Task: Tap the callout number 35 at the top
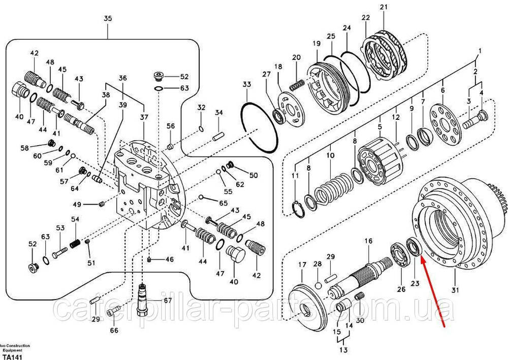(x=107, y=19)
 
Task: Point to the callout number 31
(x=455, y=290)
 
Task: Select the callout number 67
(x=168, y=301)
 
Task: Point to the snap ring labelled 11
(x=300, y=208)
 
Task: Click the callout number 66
(x=114, y=331)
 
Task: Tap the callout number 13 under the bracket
(x=344, y=350)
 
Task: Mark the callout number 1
(x=478, y=51)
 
